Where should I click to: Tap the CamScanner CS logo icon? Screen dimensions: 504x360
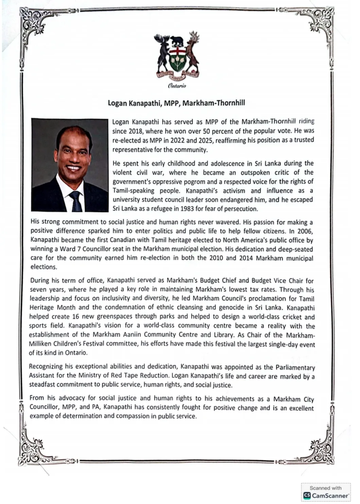307,495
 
